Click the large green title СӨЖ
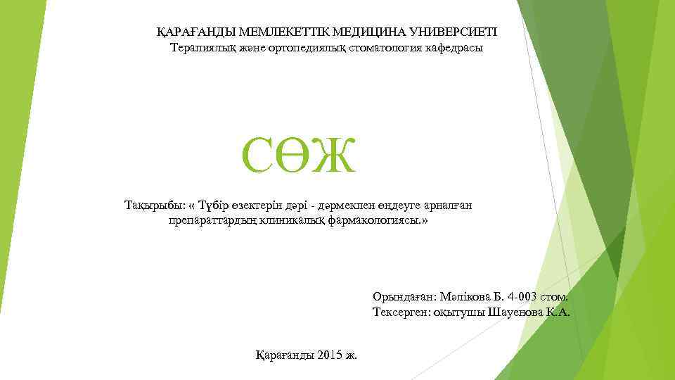click(299, 156)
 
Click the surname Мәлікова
click(463, 296)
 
